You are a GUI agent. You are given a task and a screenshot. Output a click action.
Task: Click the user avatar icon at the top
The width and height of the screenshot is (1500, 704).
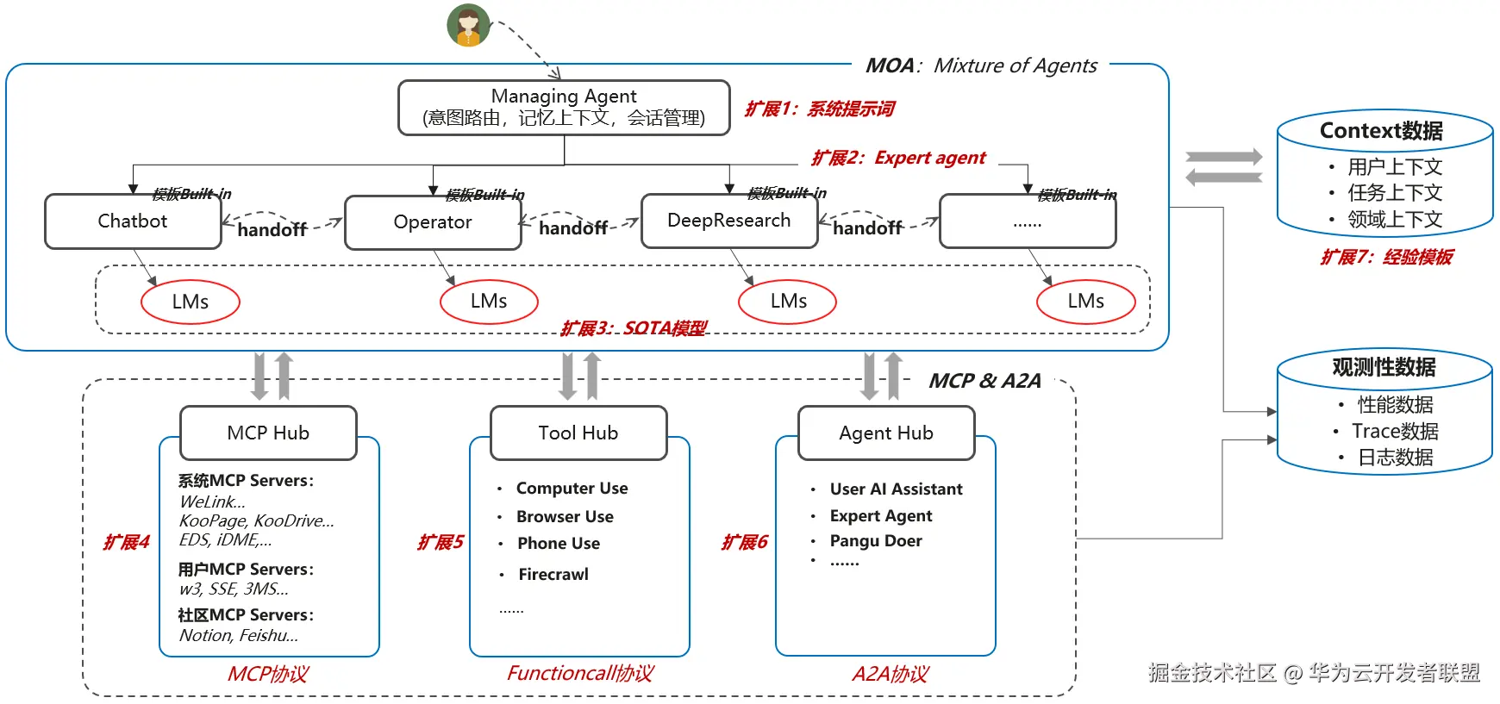coord(468,25)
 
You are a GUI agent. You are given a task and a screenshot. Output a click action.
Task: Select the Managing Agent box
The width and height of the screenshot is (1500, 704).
coord(564,108)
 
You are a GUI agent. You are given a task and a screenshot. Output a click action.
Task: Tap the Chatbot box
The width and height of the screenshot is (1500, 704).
coord(133,221)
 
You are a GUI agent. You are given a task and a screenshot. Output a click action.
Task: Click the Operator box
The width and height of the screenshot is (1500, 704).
coord(433,222)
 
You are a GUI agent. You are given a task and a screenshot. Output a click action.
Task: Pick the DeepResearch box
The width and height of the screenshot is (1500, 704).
coord(729,221)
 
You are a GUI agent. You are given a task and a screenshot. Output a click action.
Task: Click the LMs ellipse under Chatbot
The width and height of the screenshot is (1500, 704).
coord(191,302)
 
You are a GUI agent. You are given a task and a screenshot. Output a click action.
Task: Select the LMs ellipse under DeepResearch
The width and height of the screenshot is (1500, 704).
coord(788,302)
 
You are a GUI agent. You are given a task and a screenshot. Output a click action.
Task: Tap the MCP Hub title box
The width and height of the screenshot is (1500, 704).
coord(268,433)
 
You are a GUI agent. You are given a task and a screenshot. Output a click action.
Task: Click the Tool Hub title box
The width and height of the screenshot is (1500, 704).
coord(578,433)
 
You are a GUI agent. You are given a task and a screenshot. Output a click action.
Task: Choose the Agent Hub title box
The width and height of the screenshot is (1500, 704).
coord(886,433)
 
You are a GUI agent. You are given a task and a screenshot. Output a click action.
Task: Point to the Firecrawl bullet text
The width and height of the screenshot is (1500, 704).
coord(553,574)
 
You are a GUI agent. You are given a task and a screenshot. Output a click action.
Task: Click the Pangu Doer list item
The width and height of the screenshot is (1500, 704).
coord(876,541)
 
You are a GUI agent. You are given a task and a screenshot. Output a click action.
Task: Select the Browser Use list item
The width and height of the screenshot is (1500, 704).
coord(566,516)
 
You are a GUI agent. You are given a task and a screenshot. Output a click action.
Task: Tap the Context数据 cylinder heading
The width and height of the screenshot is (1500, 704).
coord(1382,131)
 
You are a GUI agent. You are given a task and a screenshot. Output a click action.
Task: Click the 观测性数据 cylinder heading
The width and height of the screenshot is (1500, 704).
coord(1384,367)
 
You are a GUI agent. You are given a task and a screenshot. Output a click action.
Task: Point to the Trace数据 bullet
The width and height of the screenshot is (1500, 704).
coord(1395,431)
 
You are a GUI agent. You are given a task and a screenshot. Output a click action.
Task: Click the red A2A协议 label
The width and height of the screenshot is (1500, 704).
coord(890,674)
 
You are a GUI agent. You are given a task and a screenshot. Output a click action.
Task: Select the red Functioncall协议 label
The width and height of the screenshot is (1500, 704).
coord(580,673)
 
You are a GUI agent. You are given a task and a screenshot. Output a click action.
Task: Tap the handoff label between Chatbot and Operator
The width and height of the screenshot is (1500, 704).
coord(272,229)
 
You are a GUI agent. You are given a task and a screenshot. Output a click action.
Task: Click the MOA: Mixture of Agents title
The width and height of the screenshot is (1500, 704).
coord(981,65)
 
